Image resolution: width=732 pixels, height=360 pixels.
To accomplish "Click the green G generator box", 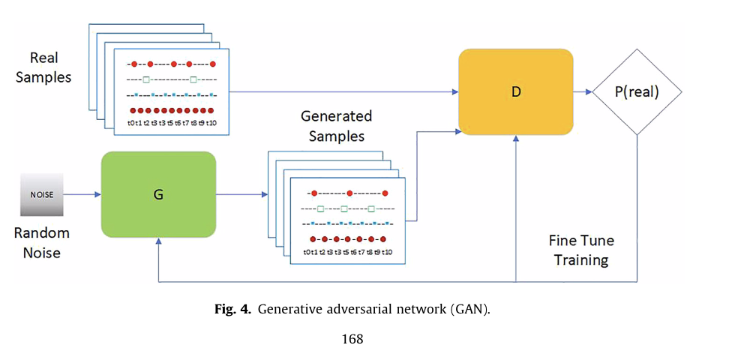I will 158,193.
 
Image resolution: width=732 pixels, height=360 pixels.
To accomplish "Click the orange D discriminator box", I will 515,91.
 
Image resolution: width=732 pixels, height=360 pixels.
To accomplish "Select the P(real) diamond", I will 636,92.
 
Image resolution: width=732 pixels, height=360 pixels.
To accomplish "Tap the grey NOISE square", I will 40,194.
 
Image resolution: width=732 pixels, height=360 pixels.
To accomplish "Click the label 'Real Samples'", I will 43,67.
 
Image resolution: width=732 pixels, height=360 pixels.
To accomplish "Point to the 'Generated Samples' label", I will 336,126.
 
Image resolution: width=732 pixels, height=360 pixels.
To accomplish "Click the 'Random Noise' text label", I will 41,242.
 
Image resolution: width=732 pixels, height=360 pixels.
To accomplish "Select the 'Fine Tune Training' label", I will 580,250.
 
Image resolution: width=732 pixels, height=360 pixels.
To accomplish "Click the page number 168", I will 352,339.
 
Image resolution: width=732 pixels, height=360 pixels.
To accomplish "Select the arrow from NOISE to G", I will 82,194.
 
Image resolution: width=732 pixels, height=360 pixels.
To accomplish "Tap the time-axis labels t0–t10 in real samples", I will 172,122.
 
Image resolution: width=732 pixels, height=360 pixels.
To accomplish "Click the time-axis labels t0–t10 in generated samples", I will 347,252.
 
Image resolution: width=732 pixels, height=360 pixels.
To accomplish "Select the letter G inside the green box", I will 158,193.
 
